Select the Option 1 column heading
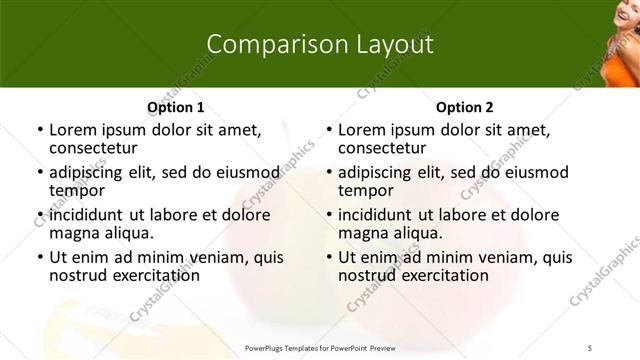point(175,107)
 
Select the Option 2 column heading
point(464,107)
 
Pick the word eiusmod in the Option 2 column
point(533,172)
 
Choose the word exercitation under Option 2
point(442,275)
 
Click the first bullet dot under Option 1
point(39,130)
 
